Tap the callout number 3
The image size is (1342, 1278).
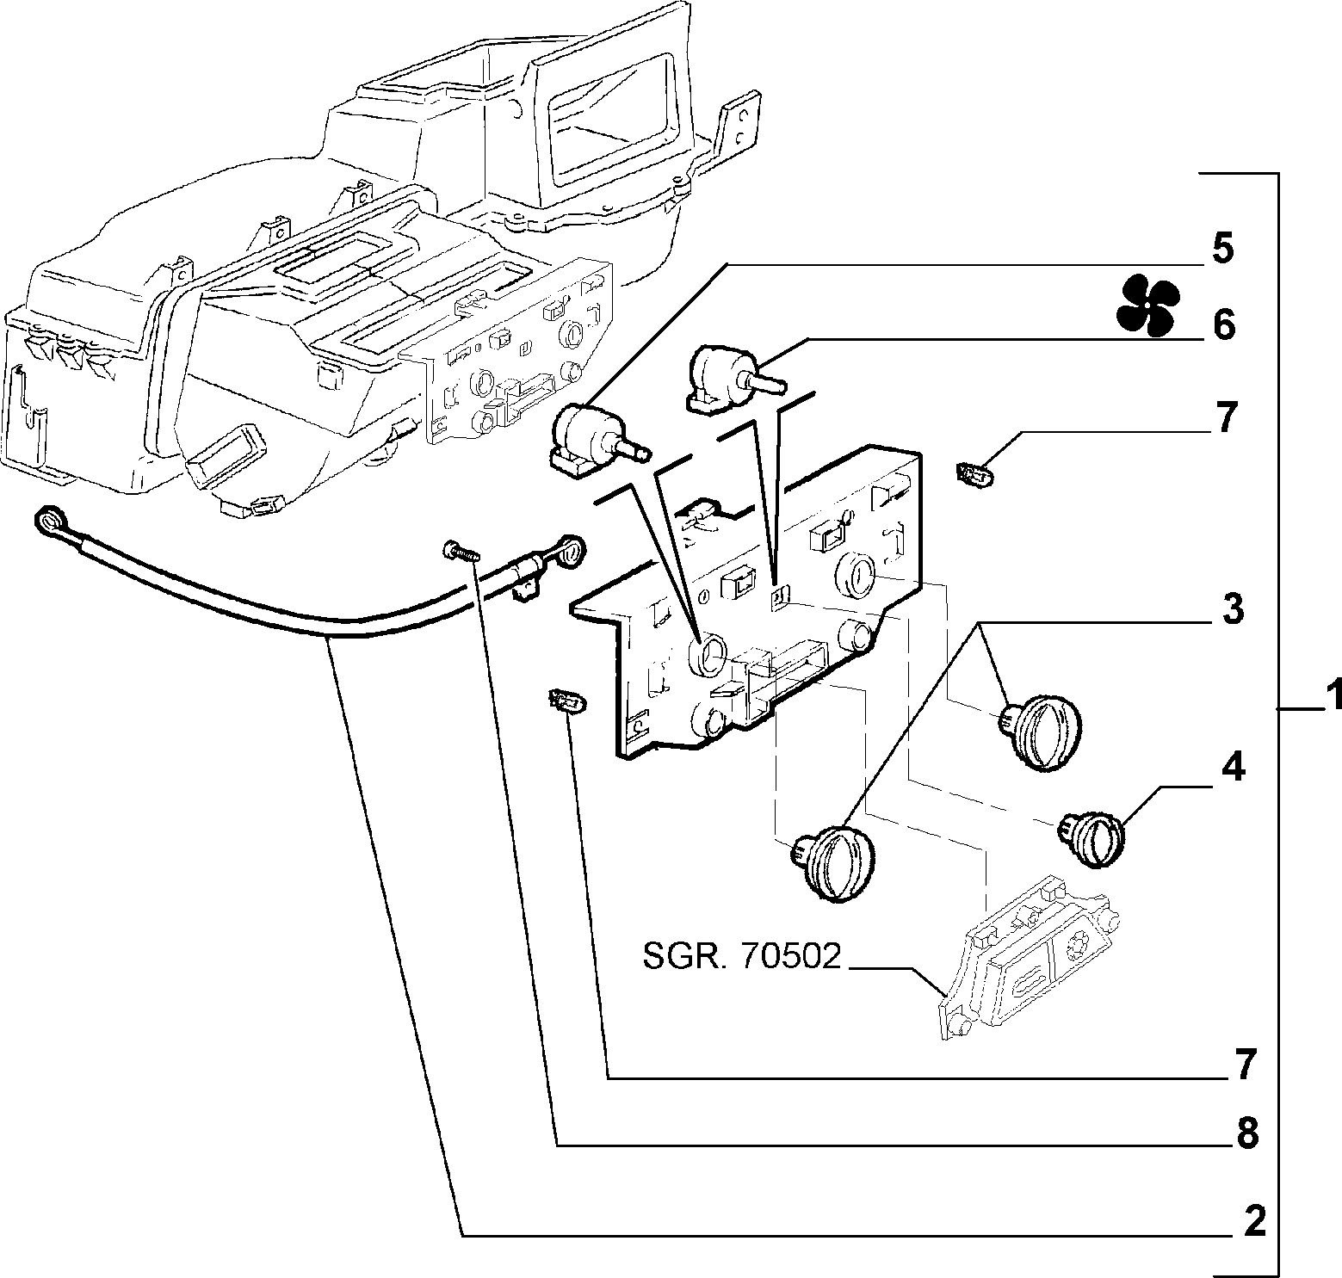(x=1233, y=609)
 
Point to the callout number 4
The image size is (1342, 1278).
(x=1234, y=766)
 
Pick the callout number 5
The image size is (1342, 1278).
(x=1223, y=249)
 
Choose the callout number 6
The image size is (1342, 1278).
(x=1224, y=325)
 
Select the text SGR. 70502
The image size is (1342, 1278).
(x=740, y=956)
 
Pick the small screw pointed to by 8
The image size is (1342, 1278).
(x=458, y=552)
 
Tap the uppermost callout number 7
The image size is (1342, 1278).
(x=1226, y=417)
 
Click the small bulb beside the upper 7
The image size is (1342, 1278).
(x=974, y=472)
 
